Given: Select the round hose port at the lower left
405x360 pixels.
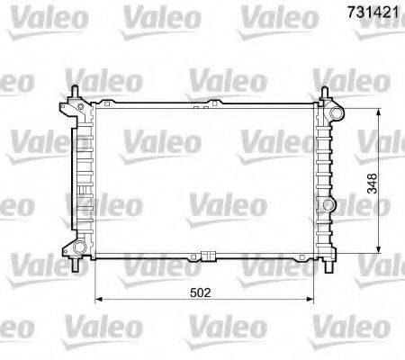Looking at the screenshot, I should click(x=79, y=247).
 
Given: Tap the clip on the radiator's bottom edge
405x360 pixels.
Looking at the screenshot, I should click(x=207, y=256).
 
